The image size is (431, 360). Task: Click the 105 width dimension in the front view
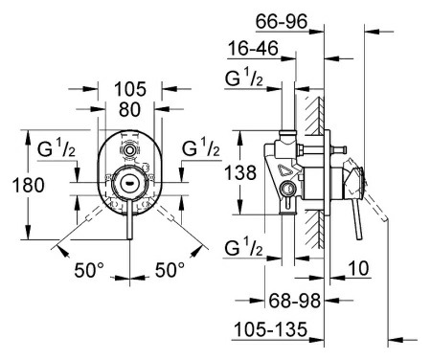click(x=130, y=89)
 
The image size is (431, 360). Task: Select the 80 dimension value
click(x=129, y=109)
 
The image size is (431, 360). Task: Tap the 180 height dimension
click(x=28, y=185)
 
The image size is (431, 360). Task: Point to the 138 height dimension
click(x=240, y=172)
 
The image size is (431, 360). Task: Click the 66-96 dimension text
click(x=282, y=21)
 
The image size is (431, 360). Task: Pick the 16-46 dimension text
click(x=253, y=49)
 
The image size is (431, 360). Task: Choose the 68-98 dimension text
click(x=294, y=301)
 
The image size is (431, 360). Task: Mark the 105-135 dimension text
click(x=270, y=329)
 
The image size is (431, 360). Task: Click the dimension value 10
click(x=359, y=268)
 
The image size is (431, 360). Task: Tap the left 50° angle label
click(x=89, y=270)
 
